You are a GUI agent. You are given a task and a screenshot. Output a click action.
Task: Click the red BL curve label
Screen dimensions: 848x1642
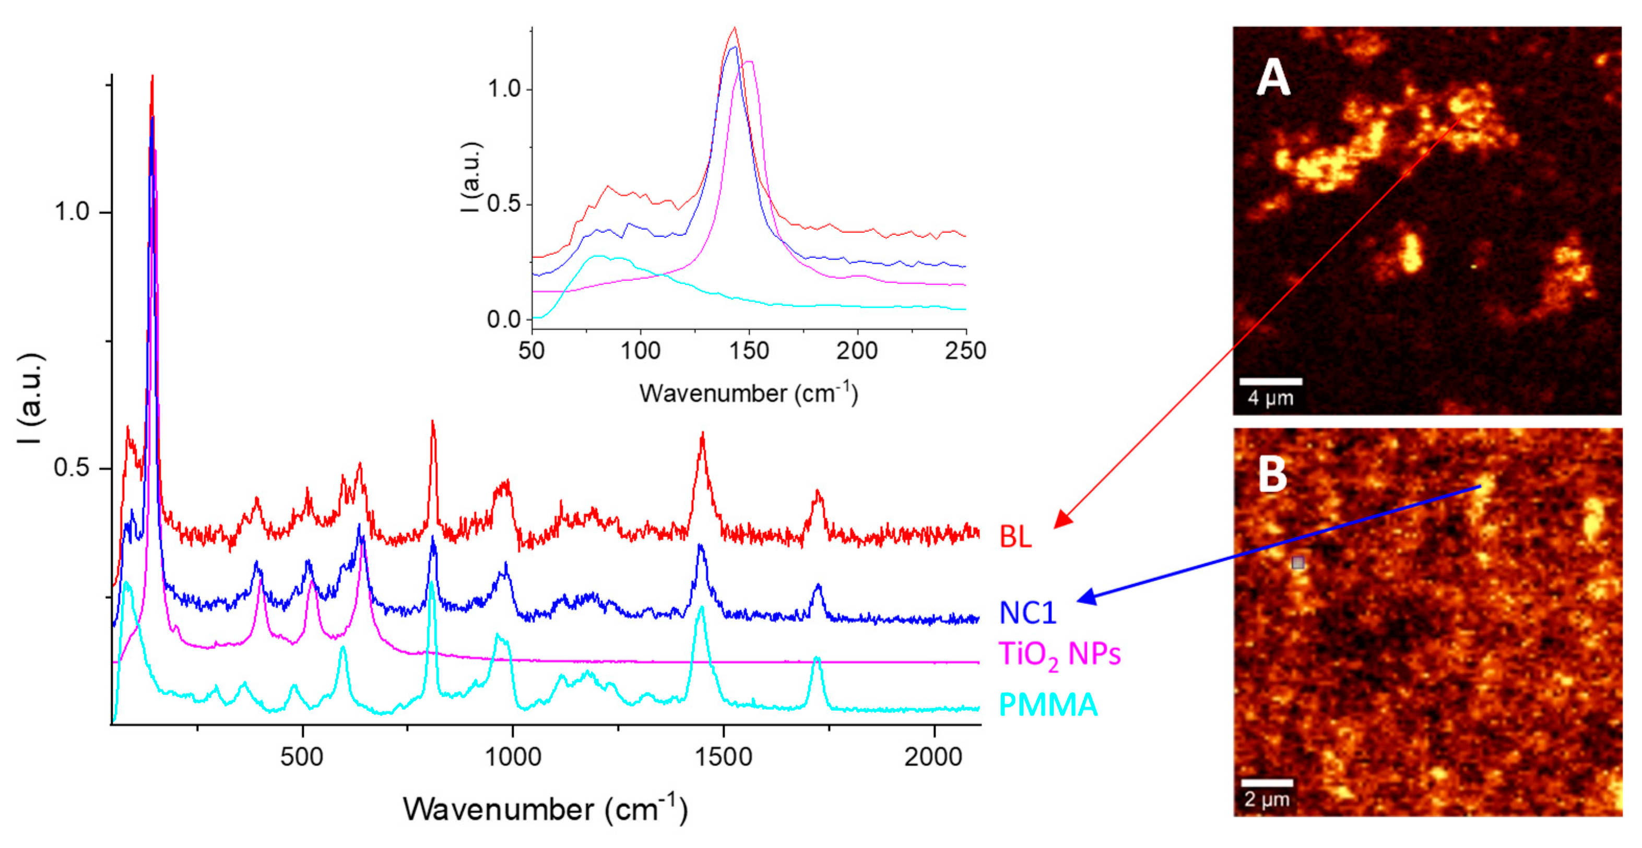pos(1015,536)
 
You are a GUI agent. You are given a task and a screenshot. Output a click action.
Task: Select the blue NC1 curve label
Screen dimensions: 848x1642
pos(1027,612)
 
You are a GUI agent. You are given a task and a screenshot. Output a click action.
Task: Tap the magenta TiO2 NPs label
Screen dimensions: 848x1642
pos(1059,654)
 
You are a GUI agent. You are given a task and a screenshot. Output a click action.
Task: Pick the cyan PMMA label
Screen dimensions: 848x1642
pos(1048,704)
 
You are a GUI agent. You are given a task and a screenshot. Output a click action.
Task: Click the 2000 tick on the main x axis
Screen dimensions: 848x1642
pos(933,757)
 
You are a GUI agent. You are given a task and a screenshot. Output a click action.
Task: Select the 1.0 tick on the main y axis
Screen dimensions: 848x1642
pos(72,211)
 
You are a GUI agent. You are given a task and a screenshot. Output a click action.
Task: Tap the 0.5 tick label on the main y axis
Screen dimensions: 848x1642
pos(72,468)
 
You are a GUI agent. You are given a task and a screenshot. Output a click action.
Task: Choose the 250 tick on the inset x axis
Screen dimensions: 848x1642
pos(965,350)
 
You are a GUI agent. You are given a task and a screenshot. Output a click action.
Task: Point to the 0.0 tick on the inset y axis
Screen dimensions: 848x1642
pos(503,319)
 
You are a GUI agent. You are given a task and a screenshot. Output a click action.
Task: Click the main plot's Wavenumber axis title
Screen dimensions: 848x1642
pos(545,809)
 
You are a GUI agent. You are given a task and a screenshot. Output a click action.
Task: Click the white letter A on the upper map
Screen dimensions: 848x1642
pos(1272,78)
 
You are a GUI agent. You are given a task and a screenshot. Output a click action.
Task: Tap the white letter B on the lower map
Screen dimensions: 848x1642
pos(1272,475)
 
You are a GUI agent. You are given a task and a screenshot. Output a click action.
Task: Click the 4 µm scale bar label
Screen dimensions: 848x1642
pos(1270,398)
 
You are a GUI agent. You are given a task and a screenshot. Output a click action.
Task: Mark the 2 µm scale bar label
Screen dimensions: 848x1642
pos(1267,799)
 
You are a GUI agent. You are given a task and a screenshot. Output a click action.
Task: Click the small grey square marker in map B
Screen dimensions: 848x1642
pos(1298,563)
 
